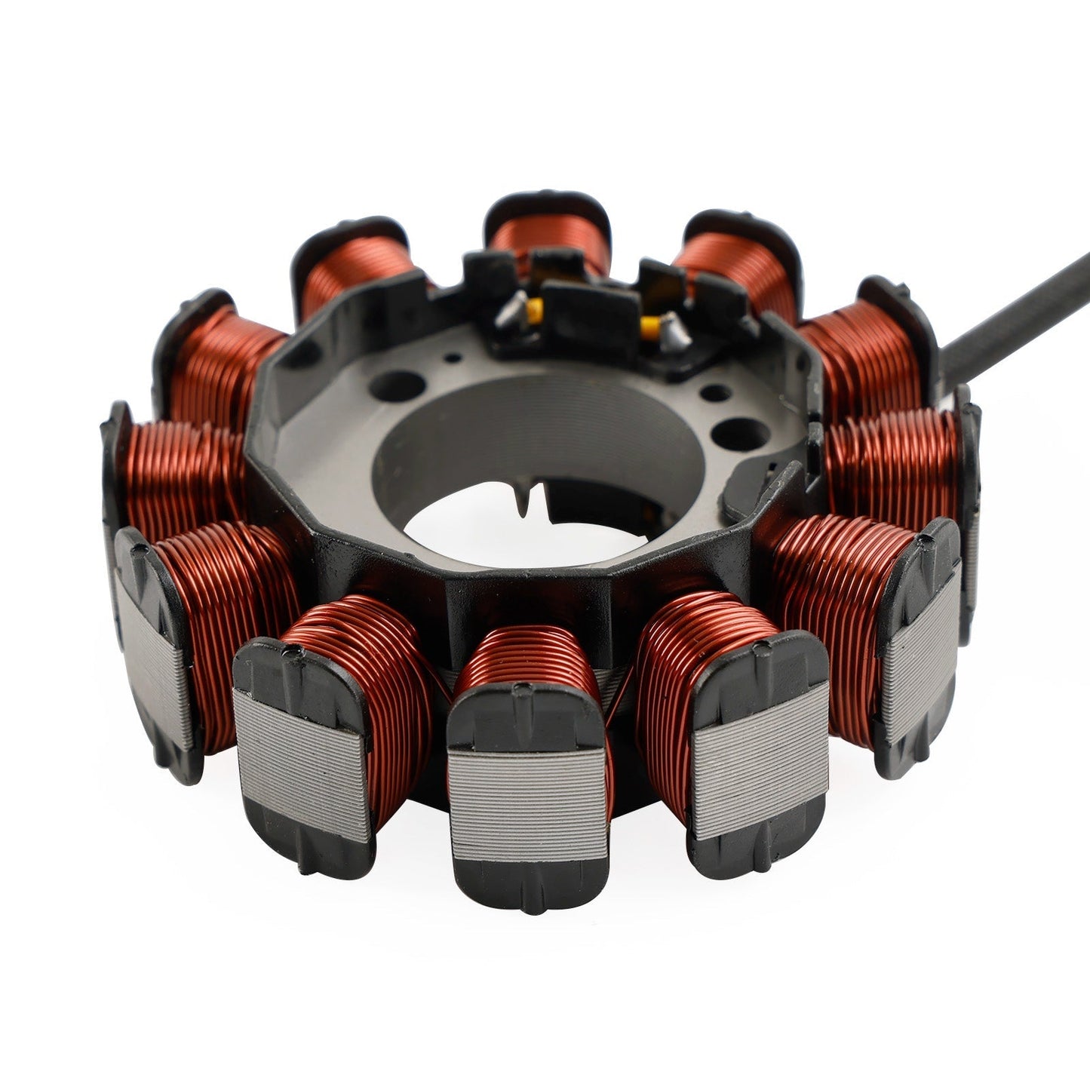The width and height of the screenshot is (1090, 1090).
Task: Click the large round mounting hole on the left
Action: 401,386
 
